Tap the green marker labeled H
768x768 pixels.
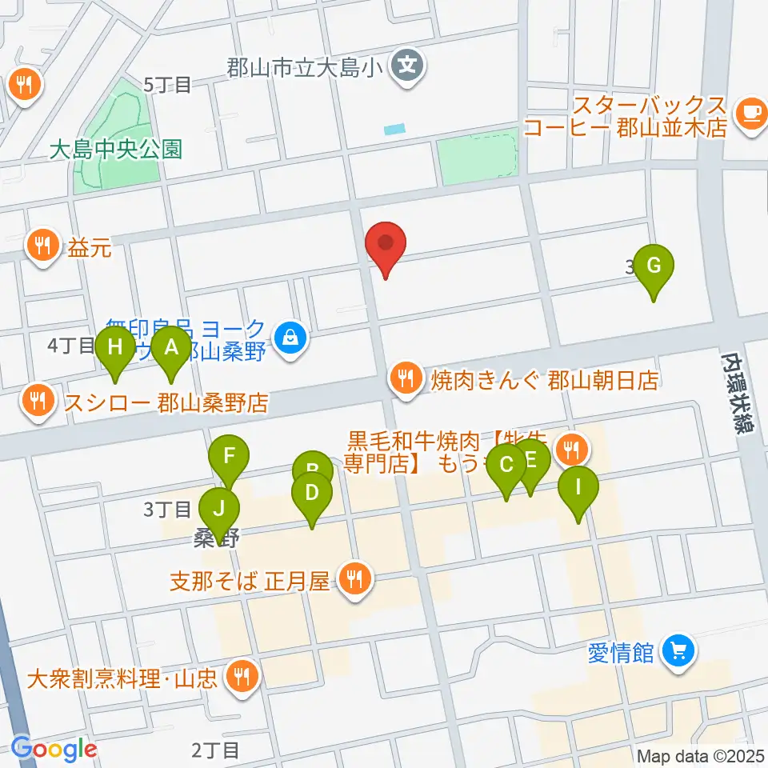click(x=115, y=348)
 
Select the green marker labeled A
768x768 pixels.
click(x=170, y=348)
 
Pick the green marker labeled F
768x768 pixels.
click(x=229, y=458)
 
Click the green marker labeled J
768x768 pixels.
click(x=218, y=507)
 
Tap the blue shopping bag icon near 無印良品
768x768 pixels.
click(x=290, y=337)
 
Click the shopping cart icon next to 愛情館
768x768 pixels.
click(x=679, y=651)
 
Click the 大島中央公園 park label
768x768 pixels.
click(x=115, y=150)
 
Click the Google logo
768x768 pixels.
click(x=54, y=749)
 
